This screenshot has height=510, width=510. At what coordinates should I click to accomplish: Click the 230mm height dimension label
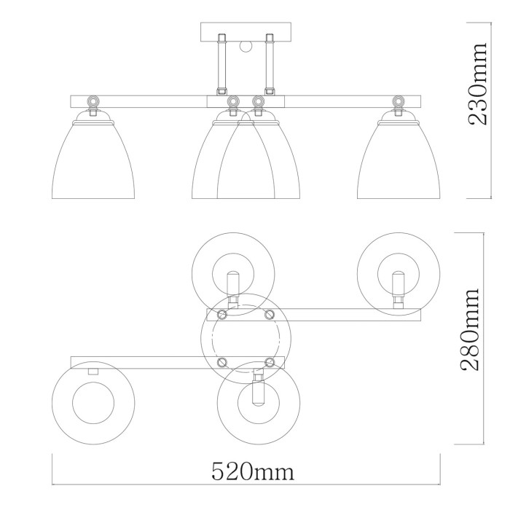coord(479,84)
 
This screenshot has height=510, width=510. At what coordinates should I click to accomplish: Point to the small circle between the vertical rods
coord(245,48)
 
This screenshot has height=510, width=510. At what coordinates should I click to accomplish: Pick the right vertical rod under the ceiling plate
coord(270,66)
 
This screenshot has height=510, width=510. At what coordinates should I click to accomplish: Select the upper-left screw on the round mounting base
coord(222,314)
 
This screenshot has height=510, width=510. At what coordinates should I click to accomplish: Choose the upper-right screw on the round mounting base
coord(269,314)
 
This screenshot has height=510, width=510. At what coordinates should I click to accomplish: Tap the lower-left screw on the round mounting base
coord(222,361)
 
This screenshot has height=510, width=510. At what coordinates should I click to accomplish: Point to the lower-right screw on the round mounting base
coord(269,361)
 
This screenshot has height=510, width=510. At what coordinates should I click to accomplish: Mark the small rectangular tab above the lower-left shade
coord(93,372)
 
